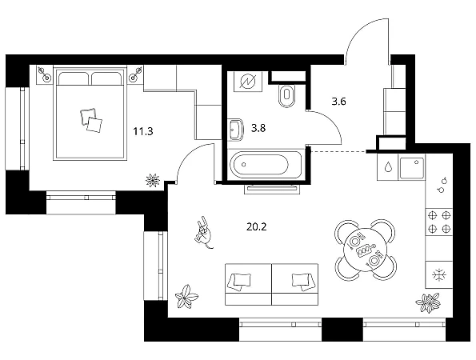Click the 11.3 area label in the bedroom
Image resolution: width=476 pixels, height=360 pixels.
coord(143,132)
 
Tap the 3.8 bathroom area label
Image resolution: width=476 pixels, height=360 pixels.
coord(258,128)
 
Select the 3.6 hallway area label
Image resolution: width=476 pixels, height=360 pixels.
coord(338,102)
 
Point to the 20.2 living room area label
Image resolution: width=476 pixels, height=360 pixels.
coord(257,226)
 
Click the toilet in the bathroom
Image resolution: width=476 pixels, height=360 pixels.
coord(286,95)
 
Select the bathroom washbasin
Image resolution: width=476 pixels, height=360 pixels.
coord(236,130)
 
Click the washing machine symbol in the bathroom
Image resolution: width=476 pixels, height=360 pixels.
coord(248,82)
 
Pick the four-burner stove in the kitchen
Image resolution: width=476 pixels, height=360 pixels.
coord(439,222)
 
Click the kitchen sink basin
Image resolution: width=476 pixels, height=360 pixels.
coord(412,168)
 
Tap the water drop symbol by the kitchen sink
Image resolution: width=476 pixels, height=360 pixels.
coord(388,167)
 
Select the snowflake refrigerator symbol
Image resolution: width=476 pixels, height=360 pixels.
coord(439,275)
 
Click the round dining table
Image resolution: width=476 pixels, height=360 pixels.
coord(365,250)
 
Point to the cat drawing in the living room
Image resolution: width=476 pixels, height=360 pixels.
coord(204,233)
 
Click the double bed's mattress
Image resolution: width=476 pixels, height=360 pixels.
coord(90,122)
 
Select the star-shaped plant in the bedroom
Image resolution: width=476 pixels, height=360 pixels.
coord(152,180)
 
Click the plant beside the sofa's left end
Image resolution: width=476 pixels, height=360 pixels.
coord(186,297)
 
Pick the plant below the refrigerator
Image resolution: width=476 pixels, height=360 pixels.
coord(428,302)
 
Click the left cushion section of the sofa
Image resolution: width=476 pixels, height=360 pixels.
coord(248,284)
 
